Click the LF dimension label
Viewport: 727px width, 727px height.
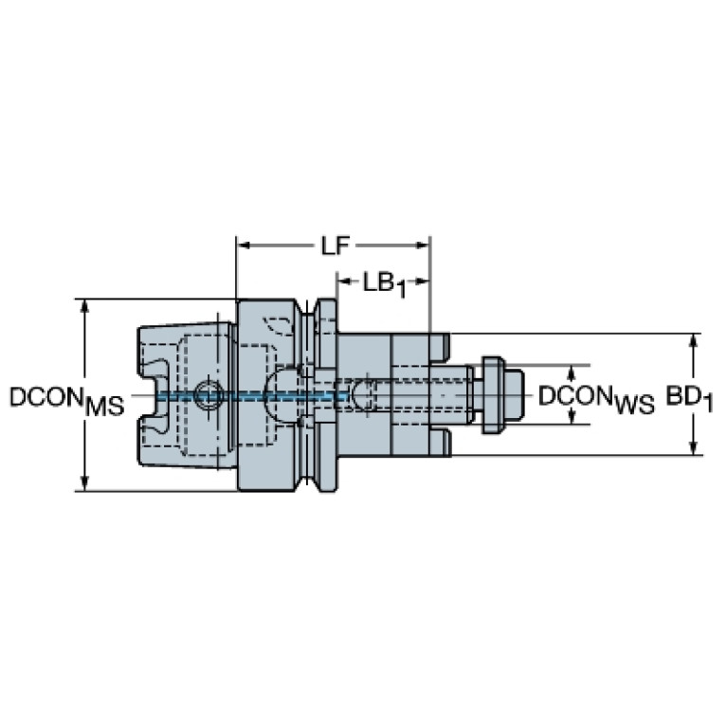pyautogui.click(x=336, y=245)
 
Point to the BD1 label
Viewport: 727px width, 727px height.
pyautogui.click(x=690, y=398)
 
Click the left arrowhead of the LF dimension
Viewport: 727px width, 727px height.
pyautogui.click(x=244, y=245)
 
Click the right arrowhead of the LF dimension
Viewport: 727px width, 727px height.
pyautogui.click(x=423, y=245)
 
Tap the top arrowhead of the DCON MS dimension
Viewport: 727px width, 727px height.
pyautogui.click(x=84, y=307)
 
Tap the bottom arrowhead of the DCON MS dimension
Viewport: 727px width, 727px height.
pyautogui.click(x=84, y=482)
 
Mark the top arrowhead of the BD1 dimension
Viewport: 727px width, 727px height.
pyautogui.click(x=693, y=341)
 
